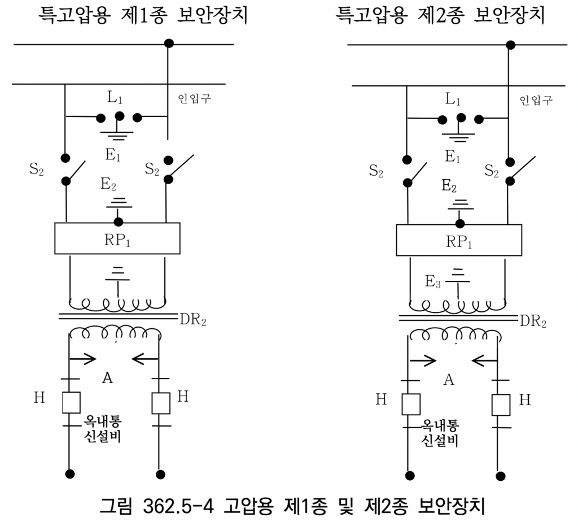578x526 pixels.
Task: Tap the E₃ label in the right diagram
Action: [433, 282]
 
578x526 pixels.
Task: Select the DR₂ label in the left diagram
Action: [193, 320]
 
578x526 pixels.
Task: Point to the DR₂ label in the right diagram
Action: [533, 321]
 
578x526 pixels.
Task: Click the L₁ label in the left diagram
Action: [115, 97]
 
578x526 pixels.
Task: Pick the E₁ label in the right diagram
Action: [452, 157]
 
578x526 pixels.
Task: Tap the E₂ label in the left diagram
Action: [108, 184]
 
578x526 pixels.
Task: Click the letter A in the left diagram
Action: [107, 378]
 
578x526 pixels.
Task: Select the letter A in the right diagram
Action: [449, 380]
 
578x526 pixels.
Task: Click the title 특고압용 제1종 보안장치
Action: [143, 15]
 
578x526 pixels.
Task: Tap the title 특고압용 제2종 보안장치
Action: [440, 15]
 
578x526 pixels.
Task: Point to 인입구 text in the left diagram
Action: [195, 98]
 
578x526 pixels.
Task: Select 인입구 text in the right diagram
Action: [536, 100]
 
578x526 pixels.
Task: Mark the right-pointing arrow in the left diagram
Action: [83, 359]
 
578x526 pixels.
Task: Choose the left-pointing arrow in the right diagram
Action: [484, 360]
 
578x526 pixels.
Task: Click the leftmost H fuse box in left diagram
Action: [71, 402]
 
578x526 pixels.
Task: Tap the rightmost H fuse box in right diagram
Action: [501, 405]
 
